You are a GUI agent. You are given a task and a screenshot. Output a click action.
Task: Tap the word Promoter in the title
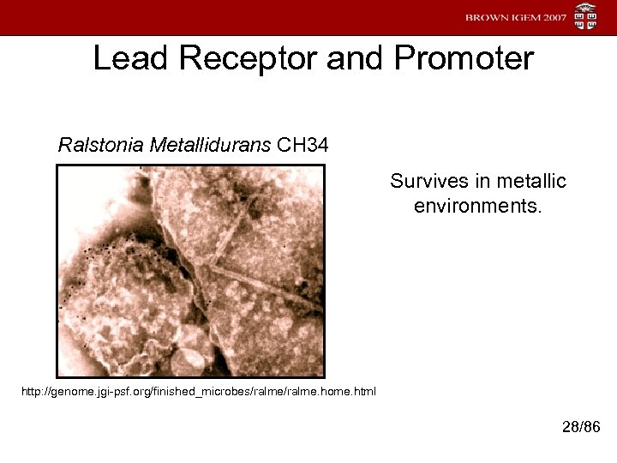click(x=464, y=59)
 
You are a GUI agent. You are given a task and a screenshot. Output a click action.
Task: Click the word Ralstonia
click(x=100, y=145)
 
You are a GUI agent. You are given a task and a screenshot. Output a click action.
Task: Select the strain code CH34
click(x=303, y=145)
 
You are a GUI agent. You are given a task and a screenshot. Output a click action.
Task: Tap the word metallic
click(x=533, y=182)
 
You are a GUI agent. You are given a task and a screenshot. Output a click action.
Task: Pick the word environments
click(x=478, y=207)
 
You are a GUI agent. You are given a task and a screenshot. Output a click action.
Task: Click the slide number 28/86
click(x=580, y=427)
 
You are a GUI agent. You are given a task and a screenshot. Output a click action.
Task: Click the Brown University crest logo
click(x=586, y=17)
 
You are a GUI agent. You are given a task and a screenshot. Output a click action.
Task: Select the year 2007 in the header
click(x=548, y=18)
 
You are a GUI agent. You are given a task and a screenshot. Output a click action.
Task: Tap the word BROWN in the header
click(x=485, y=18)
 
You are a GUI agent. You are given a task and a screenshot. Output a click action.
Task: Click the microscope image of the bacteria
click(x=190, y=271)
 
